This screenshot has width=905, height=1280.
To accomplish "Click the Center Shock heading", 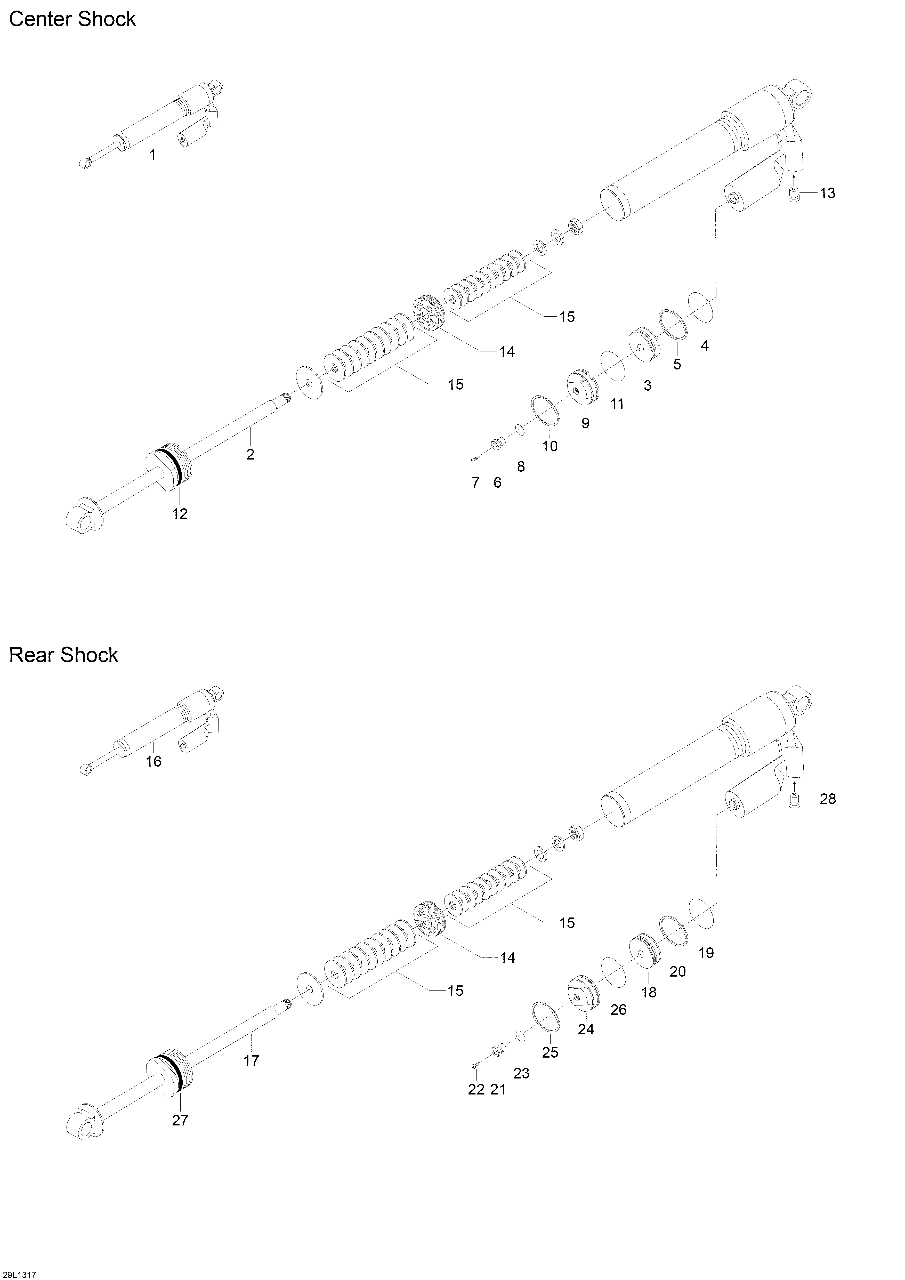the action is (72, 20).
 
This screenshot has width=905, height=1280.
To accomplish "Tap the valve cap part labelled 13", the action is (793, 196).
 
